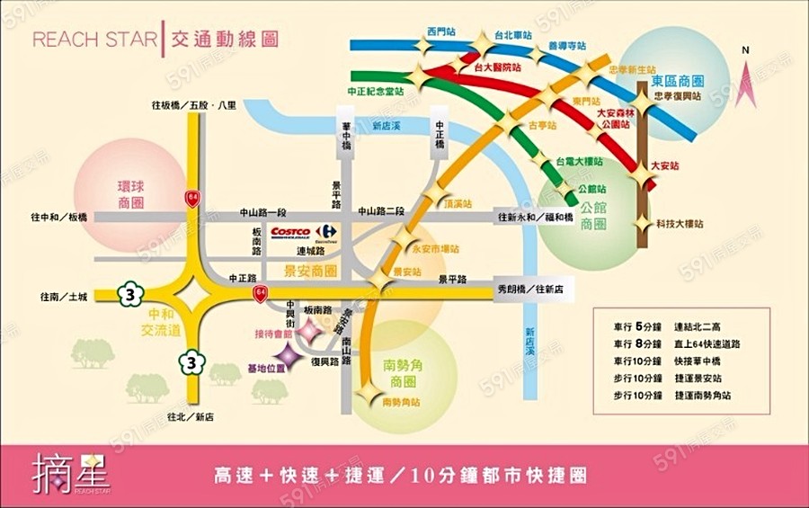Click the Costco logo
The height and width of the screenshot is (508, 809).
(290, 231)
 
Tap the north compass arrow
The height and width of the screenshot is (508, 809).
(744, 65)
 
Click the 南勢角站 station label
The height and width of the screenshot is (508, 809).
(401, 402)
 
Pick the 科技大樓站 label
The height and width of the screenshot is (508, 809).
(680, 222)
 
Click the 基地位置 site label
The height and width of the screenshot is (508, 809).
(265, 368)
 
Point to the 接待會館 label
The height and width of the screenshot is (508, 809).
(273, 333)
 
